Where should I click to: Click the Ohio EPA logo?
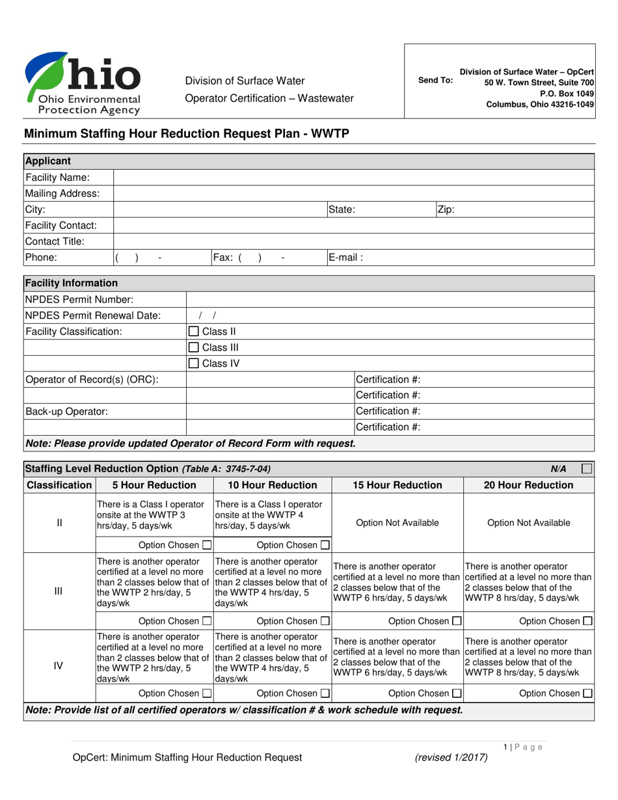point(83,83)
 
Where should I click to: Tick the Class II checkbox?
point(193,332)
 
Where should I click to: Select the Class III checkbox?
point(193,347)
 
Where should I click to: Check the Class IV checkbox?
point(193,363)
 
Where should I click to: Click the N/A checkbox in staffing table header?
point(586,468)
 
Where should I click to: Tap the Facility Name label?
point(57,178)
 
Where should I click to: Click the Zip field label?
point(446,209)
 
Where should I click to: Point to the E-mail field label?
point(345,257)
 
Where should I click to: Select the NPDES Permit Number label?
point(79,299)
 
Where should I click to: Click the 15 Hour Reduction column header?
point(397,485)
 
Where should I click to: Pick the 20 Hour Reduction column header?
point(528,485)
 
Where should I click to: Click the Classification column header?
point(59,485)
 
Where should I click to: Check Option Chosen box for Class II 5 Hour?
point(207,545)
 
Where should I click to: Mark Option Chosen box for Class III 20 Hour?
point(587,621)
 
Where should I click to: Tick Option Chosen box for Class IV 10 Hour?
point(325,693)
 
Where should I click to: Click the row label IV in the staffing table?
point(59,665)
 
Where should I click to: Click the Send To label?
point(435,81)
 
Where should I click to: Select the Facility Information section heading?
point(72,283)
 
